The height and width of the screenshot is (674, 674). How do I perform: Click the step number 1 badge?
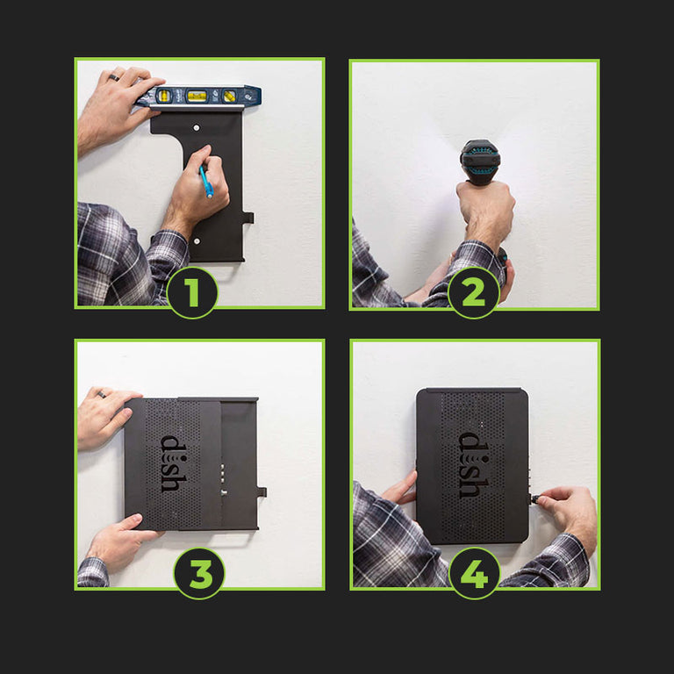pos(192,293)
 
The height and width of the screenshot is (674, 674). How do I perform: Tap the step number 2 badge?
pos(474,293)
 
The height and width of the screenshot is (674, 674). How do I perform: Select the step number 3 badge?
pos(199,573)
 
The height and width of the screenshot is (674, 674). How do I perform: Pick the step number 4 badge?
pos(475,573)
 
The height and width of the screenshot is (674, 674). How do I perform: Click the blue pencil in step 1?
pos(206,183)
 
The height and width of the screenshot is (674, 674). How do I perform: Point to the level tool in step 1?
pos(198,97)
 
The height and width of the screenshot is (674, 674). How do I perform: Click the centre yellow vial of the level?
pos(197,96)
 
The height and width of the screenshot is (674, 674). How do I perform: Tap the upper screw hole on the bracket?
pos(197,127)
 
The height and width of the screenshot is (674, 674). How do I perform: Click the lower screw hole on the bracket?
pos(197,241)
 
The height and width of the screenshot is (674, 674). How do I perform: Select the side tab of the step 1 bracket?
pos(248,218)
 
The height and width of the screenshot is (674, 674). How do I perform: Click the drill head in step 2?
pos(480,161)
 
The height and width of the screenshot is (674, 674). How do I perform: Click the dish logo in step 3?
pos(174,463)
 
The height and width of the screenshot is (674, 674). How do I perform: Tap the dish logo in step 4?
pos(474,465)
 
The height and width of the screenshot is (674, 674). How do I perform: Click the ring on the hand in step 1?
pos(113,77)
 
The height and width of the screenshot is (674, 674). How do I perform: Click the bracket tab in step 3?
pos(262,492)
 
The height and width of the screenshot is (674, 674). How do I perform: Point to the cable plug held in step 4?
pos(535,499)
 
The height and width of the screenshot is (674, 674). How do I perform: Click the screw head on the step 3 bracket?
pos(224,493)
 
